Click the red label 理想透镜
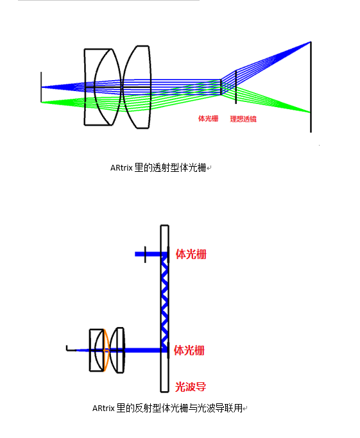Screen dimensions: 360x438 (243, 119)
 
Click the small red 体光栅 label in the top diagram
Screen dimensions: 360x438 (208, 119)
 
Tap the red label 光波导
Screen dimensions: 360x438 (191, 387)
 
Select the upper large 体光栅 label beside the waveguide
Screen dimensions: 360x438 (191, 254)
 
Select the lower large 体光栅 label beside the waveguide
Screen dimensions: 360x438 (189, 350)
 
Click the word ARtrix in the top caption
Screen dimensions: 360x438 (121, 168)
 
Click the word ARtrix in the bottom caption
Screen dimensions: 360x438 (103, 409)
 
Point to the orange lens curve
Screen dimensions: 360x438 (107, 350)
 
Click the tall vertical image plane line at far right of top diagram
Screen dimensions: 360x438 (311, 87)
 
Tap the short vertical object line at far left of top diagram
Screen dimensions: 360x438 (41, 87)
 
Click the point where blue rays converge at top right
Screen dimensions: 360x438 (310, 42)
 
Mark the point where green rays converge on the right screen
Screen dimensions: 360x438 (310, 112)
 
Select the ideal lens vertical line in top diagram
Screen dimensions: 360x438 (236, 87)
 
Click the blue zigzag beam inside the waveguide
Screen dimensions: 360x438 (165, 301)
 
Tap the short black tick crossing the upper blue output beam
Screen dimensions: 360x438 (145, 255)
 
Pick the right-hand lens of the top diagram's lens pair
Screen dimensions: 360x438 (137, 87)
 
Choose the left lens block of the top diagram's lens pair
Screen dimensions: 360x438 (103, 87)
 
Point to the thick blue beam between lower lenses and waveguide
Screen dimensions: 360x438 (142, 350)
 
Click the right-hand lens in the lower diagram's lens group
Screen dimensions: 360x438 (117, 350)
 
